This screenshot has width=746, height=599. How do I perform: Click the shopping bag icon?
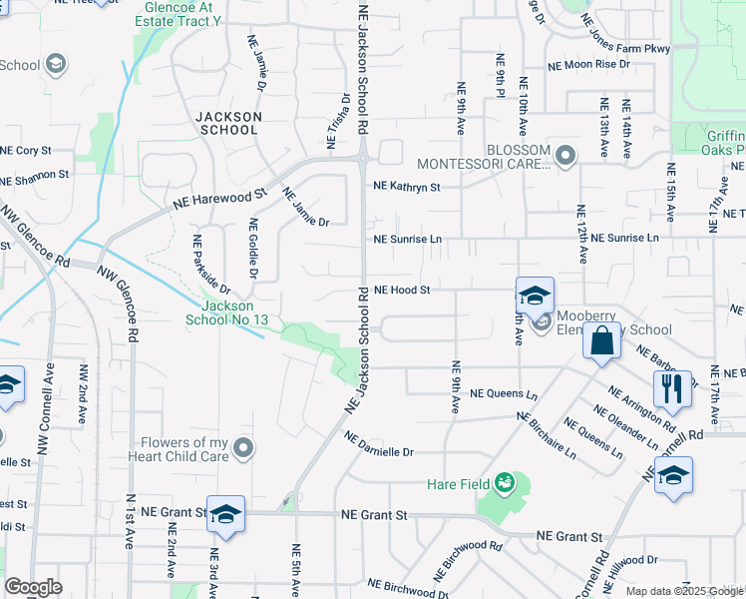[604, 341]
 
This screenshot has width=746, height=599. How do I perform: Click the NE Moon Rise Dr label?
[589, 64]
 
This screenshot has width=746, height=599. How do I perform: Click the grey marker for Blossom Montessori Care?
[566, 155]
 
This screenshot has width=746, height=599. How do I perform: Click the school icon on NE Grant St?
[225, 515]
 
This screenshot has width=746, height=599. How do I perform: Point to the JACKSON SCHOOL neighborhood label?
[229, 123]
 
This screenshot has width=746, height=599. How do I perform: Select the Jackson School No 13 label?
[227, 313]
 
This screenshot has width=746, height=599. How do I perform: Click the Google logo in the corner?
[33, 587]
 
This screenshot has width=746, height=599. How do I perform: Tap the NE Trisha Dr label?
[338, 120]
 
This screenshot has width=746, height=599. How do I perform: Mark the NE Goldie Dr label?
[253, 249]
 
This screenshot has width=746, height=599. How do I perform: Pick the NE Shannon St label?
[34, 175]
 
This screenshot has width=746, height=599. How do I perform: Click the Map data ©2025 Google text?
[683, 591]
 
